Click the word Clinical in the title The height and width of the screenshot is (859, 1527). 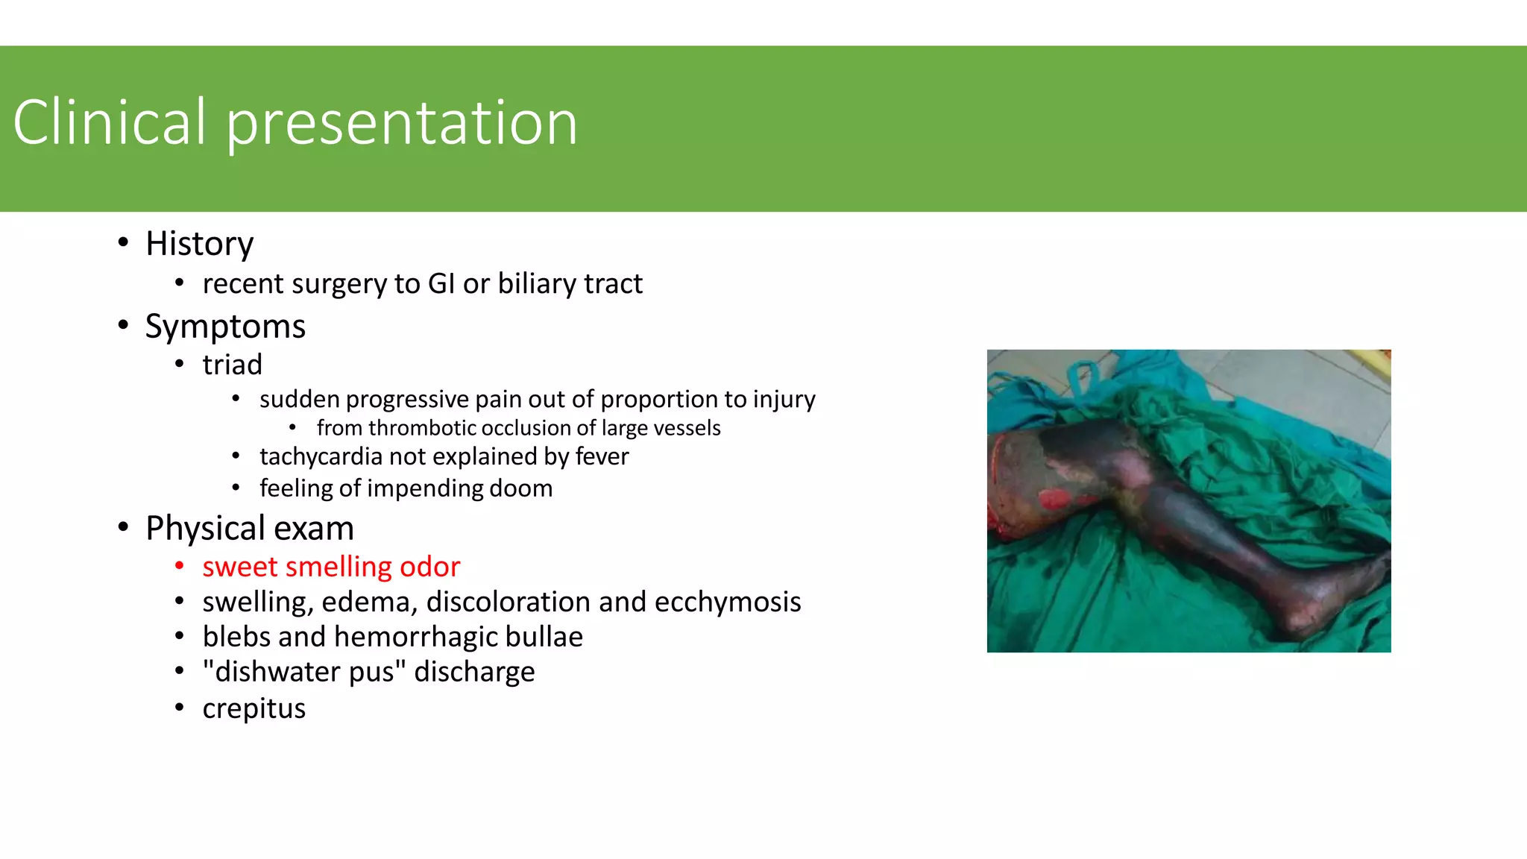point(109,122)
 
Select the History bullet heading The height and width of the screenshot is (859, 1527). point(199,244)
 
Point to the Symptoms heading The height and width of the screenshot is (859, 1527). point(224,327)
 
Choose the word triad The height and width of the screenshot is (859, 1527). point(232,365)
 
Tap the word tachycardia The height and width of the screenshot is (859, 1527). point(321,456)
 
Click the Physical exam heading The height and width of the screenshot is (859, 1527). point(249,529)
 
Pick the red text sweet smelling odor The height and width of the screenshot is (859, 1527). point(331,567)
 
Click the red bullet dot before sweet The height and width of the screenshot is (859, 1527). point(179,567)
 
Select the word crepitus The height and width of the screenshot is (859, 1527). point(254,709)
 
